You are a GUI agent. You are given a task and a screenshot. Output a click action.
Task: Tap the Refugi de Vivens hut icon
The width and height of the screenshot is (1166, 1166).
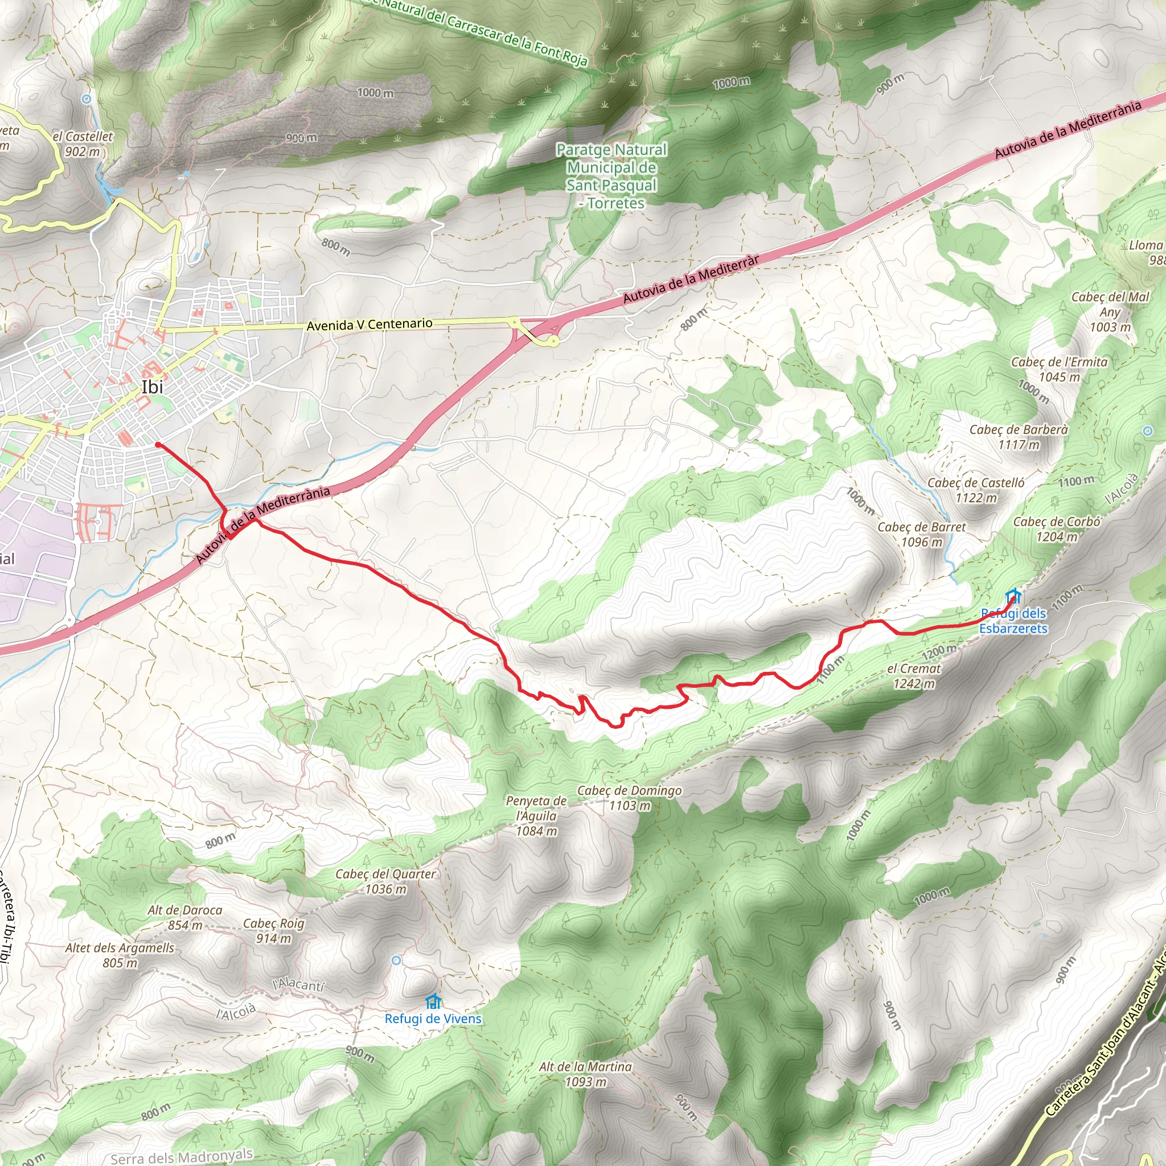click(433, 1002)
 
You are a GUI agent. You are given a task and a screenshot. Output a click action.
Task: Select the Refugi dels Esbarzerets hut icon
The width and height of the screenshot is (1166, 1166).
click(1013, 596)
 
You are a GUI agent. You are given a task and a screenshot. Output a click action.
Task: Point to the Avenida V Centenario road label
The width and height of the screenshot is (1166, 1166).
click(369, 325)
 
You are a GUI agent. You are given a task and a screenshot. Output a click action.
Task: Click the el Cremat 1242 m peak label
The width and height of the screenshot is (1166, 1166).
click(914, 676)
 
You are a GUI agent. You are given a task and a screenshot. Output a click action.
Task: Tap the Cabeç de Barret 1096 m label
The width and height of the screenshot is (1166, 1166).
click(921, 535)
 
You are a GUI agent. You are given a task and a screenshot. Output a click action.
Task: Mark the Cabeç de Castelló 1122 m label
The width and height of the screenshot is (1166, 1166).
click(976, 490)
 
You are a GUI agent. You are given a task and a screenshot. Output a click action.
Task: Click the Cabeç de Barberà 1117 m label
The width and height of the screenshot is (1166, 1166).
click(1019, 437)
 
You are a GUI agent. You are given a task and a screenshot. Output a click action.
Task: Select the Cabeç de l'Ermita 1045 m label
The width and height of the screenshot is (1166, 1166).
click(1059, 369)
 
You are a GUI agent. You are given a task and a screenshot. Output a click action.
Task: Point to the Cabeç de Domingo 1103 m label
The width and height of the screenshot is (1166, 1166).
click(630, 798)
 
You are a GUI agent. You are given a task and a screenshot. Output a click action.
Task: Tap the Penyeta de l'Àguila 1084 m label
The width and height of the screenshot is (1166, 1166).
click(536, 816)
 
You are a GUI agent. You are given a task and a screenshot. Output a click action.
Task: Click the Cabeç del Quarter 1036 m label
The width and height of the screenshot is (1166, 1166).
click(385, 881)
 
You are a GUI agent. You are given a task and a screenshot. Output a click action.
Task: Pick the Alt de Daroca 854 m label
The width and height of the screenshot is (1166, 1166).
click(184, 917)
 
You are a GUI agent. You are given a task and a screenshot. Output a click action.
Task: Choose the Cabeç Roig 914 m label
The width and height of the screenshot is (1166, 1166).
click(273, 931)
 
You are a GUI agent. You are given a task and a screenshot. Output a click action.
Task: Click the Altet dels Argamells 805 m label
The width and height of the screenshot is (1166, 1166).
click(120, 955)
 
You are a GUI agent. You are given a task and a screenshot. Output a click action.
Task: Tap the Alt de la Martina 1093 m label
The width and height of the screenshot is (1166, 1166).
click(585, 1074)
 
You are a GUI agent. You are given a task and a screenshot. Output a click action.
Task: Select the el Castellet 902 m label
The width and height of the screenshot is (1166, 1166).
click(83, 143)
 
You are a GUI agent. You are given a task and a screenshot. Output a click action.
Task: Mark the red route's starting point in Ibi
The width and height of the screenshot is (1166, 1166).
click(158, 445)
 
